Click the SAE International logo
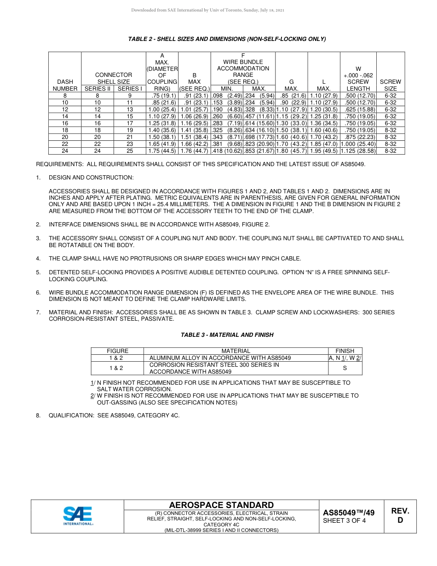[x=78, y=516]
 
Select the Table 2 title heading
[x=227, y=39]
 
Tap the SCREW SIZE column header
[x=390, y=85]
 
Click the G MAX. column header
[x=291, y=85]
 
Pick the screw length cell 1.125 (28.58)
[x=358, y=150]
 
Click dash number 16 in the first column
[x=65, y=123]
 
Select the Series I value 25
[x=130, y=150]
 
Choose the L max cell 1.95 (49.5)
[x=324, y=150]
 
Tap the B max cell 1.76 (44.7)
[x=195, y=150]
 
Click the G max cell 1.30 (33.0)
[x=291, y=123]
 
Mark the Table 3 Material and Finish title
[x=227, y=335]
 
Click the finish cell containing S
[x=345, y=368]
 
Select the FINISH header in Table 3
[x=345, y=351]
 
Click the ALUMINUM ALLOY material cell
[x=220, y=358]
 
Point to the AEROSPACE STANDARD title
[x=221, y=505]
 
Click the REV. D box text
[x=400, y=515]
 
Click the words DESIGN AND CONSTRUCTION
[x=91, y=177]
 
